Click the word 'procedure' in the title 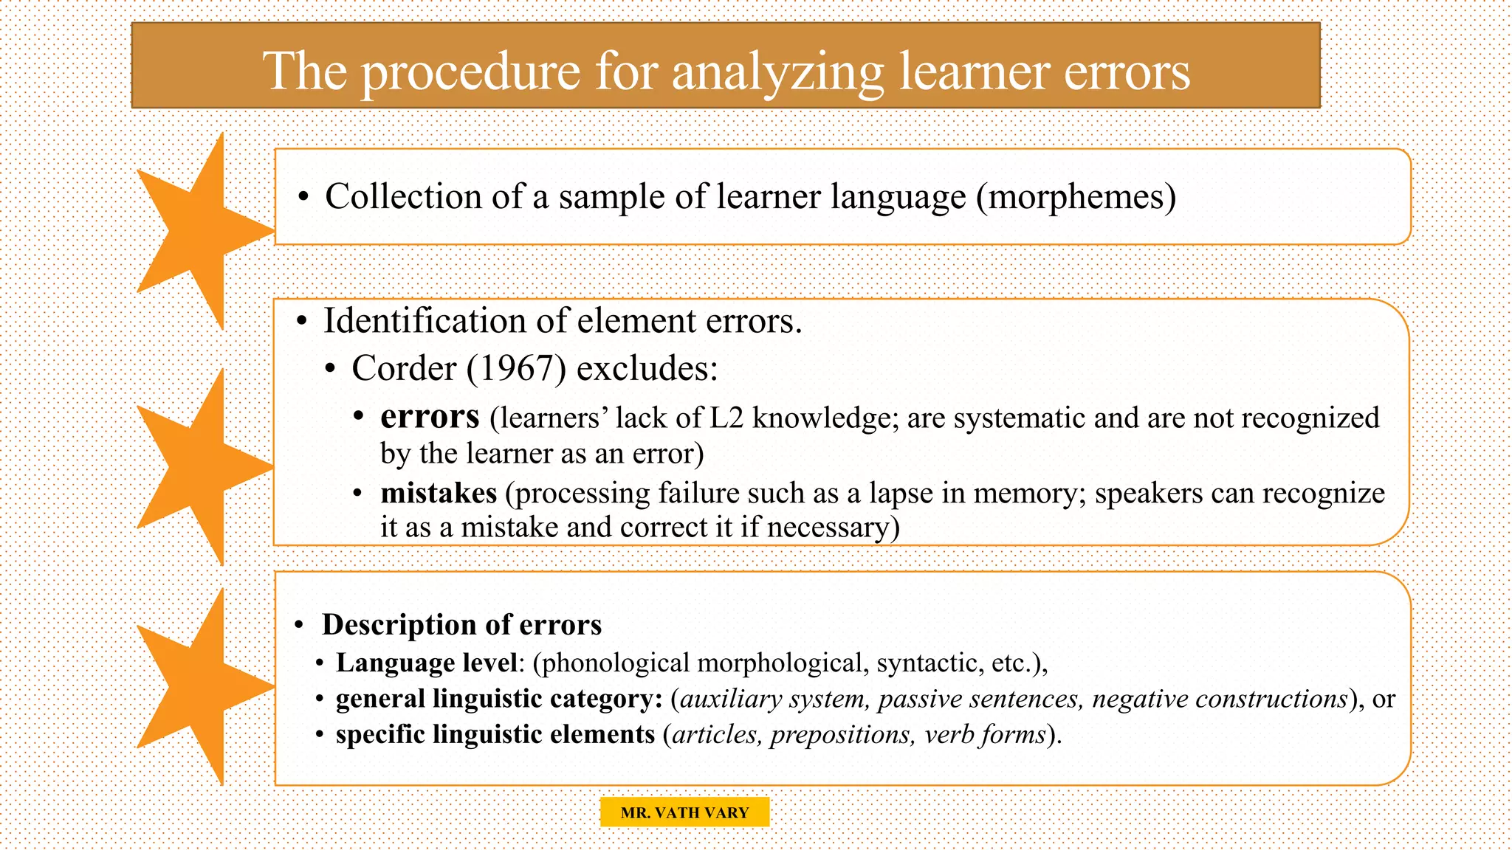(470, 72)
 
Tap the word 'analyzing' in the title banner (777, 72)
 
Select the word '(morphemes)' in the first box (1076, 197)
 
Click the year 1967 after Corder (515, 368)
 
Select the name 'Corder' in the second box (404, 368)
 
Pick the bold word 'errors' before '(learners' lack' (430, 417)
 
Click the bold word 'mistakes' (439, 493)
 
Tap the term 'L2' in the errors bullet (726, 418)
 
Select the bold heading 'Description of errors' (462, 625)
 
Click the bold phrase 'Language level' (426, 663)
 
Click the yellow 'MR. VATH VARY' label (684, 812)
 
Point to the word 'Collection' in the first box (403, 197)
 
